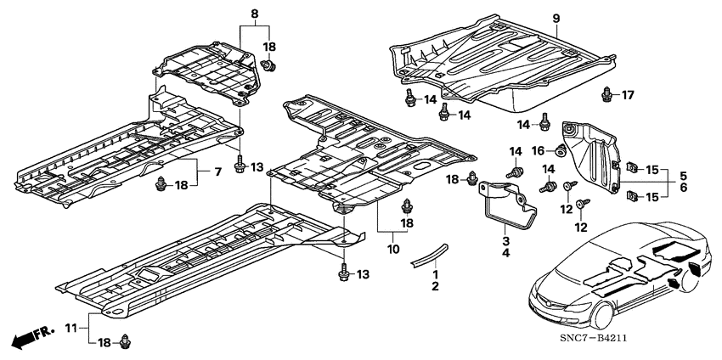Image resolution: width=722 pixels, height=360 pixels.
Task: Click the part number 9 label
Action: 556,19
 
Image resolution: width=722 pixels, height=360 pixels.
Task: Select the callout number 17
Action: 628,95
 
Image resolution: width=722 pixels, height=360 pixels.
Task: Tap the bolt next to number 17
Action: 606,93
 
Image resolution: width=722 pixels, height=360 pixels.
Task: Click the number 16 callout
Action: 539,150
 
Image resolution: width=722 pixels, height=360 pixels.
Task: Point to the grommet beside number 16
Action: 561,149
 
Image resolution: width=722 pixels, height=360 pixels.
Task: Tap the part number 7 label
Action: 217,172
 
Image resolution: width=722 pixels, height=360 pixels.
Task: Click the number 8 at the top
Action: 254,14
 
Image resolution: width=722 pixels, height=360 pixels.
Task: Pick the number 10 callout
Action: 393,249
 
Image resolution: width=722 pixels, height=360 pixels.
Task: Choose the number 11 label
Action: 71,329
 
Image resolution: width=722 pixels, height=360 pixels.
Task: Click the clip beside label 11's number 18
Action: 124,341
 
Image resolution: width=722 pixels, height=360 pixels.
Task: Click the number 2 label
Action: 435,286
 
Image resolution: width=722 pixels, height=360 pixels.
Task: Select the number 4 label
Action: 506,252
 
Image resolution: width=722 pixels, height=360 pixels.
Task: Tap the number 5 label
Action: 683,176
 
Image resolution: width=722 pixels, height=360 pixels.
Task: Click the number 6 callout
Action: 683,188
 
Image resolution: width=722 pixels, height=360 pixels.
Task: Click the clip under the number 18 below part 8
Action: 268,66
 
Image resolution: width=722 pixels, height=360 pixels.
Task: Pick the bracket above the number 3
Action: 508,205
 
